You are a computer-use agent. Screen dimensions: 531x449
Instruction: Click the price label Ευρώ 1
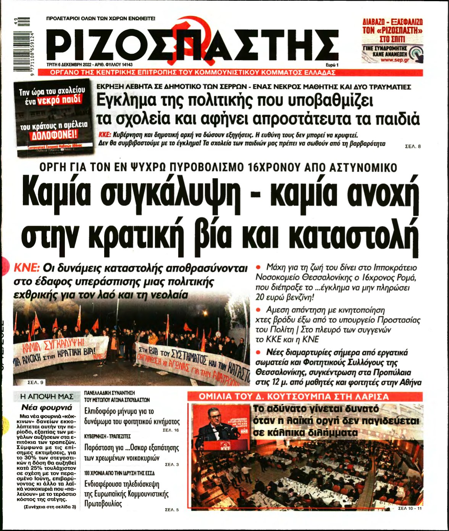tap(332, 65)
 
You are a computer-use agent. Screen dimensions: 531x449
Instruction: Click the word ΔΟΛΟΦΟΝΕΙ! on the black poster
tap(54, 135)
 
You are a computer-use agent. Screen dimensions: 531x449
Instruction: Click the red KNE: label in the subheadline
tap(26, 268)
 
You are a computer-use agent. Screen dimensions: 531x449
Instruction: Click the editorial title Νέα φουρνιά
tap(47, 407)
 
